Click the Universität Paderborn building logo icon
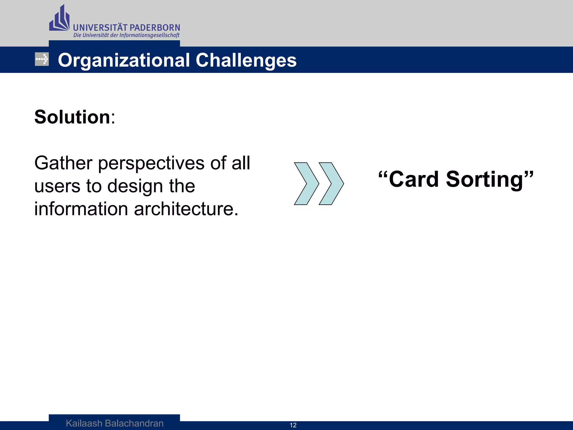click(59, 19)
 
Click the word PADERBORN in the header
click(155, 28)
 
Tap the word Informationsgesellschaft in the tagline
click(149, 35)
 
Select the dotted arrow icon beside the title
click(42, 59)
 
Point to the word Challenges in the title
click(246, 60)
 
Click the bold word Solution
click(72, 117)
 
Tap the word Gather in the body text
click(63, 163)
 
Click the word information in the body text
click(81, 209)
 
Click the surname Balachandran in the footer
click(134, 423)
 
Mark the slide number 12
click(293, 425)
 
